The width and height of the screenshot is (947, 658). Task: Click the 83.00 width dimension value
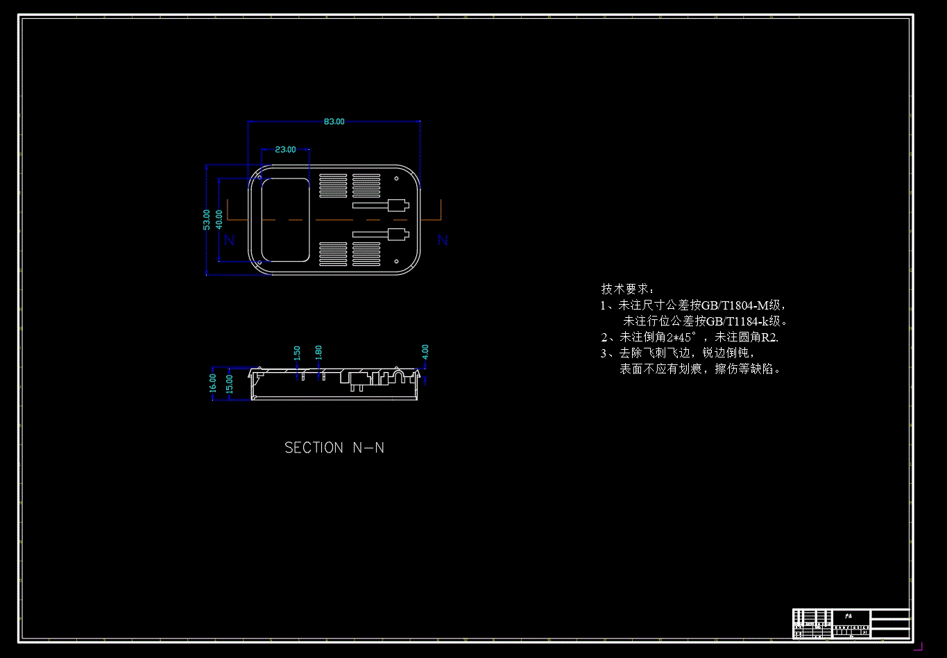334,121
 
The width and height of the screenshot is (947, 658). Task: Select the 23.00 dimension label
285,149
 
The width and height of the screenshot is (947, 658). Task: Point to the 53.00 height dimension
206,220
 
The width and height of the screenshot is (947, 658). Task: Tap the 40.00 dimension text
219,219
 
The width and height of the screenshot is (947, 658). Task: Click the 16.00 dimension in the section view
213,383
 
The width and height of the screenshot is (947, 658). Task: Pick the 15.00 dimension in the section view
230,384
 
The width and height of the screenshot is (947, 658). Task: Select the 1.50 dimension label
297,353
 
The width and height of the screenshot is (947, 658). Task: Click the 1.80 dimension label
318,353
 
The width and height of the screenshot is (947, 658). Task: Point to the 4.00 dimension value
425,351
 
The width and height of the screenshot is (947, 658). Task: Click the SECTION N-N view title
334,448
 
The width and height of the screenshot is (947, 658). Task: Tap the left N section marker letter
230,240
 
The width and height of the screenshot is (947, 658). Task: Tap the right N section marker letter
443,240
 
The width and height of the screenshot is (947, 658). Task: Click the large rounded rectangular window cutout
285,219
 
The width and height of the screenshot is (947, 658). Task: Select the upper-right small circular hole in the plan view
396,178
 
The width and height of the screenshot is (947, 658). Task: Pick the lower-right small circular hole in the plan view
396,262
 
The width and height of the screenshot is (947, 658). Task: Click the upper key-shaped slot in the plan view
381,205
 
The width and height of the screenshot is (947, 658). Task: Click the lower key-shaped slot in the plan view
381,234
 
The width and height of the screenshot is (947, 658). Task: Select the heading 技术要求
627,289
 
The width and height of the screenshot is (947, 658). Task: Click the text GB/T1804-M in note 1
735,305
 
